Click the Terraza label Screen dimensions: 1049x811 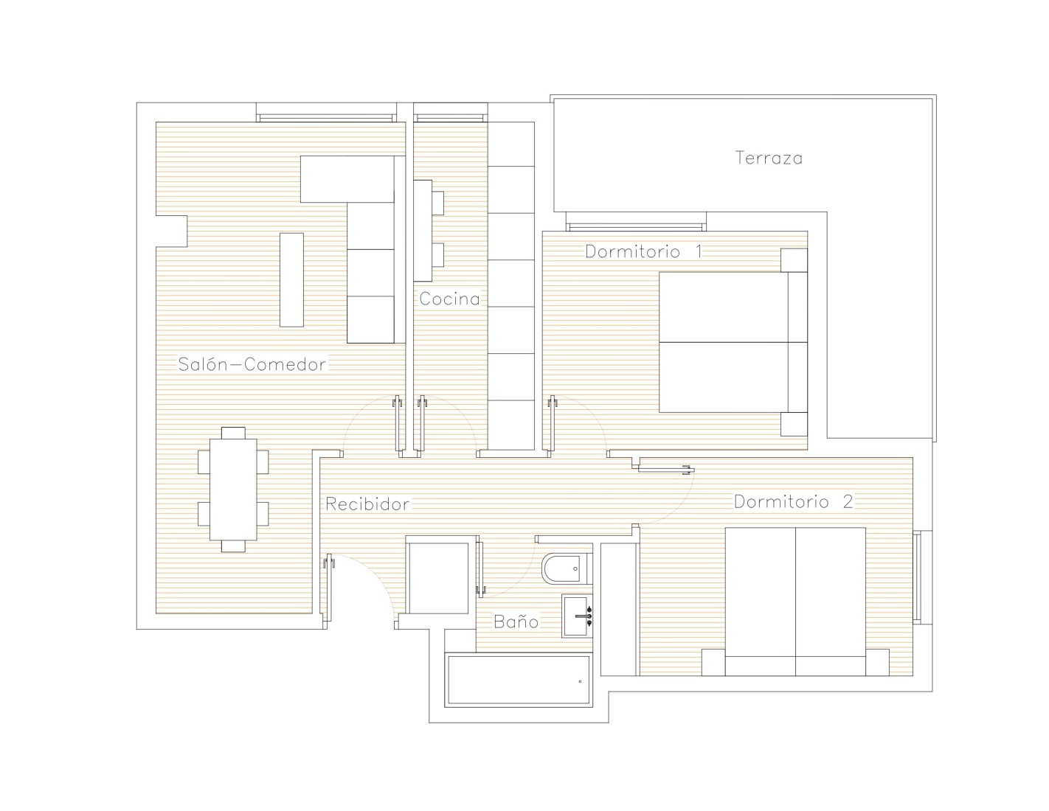[769, 158]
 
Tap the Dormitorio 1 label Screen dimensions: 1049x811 [643, 251]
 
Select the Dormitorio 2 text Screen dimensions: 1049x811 [794, 502]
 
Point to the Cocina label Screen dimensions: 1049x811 [449, 299]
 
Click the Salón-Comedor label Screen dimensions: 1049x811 [252, 363]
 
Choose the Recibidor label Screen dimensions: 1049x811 [367, 504]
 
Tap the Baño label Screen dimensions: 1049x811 [516, 622]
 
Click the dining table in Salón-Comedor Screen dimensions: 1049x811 [233, 490]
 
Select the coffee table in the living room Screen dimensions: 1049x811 [291, 280]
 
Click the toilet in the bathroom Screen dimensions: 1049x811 [567, 568]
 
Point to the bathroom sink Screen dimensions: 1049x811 [578, 616]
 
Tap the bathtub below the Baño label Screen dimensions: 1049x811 [519, 681]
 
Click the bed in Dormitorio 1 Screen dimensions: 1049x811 [733, 342]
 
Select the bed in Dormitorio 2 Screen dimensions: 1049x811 [795, 602]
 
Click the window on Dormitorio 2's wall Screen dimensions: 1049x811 [923, 577]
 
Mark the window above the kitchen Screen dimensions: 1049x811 [450, 117]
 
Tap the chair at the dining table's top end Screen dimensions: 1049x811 [233, 433]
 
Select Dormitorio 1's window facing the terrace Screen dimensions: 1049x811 [636, 227]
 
